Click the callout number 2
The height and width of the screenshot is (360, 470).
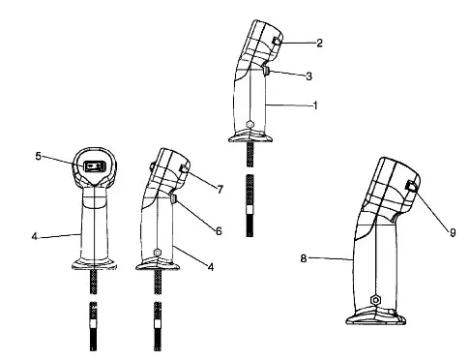coord(319,43)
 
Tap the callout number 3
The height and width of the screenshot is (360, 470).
coord(308,76)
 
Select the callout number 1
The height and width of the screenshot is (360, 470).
coord(315,105)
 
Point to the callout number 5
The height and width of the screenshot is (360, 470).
coord(39,156)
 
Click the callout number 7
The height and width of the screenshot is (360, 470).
coord(220,190)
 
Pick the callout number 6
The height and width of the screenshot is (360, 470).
coord(219,231)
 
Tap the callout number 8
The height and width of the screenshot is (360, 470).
coord(304,258)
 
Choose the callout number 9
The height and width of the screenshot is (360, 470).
coord(453,232)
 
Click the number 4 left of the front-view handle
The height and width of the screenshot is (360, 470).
coord(35,236)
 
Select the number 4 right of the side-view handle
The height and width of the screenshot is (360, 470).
coord(211,267)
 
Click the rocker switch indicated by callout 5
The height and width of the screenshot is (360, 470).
coord(95,166)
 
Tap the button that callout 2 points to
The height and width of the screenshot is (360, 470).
coord(277,41)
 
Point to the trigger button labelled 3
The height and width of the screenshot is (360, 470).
coord(266,70)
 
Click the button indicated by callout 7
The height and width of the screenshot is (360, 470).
coord(184,168)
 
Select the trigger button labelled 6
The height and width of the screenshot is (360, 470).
coord(173,199)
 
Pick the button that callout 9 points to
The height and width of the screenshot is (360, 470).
coord(411,186)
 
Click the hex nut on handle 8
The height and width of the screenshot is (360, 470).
coord(375,300)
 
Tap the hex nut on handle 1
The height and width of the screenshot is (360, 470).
coord(250,124)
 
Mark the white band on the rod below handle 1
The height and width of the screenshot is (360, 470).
coord(250,210)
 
